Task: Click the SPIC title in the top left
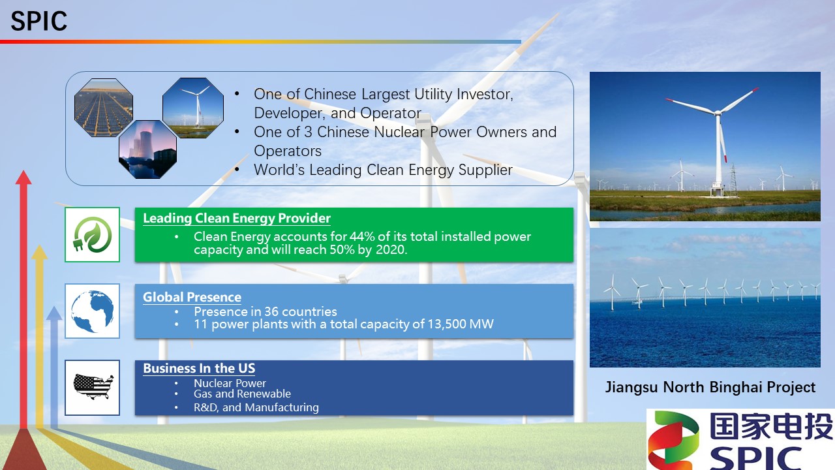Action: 39,22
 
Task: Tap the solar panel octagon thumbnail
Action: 103,108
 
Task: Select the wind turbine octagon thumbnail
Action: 192,108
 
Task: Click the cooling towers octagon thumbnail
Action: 147,149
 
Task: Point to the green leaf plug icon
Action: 92,234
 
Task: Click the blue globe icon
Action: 92,311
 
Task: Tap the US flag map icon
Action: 93,386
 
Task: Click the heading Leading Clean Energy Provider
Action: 237,219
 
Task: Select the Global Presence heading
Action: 192,297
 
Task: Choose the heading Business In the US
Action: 199,368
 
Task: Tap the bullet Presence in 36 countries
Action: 266,311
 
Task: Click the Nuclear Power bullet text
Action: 230,383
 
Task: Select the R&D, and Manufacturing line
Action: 256,407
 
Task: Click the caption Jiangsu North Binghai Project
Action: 710,387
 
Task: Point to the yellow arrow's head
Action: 40,252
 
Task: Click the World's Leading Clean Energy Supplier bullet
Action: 383,170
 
